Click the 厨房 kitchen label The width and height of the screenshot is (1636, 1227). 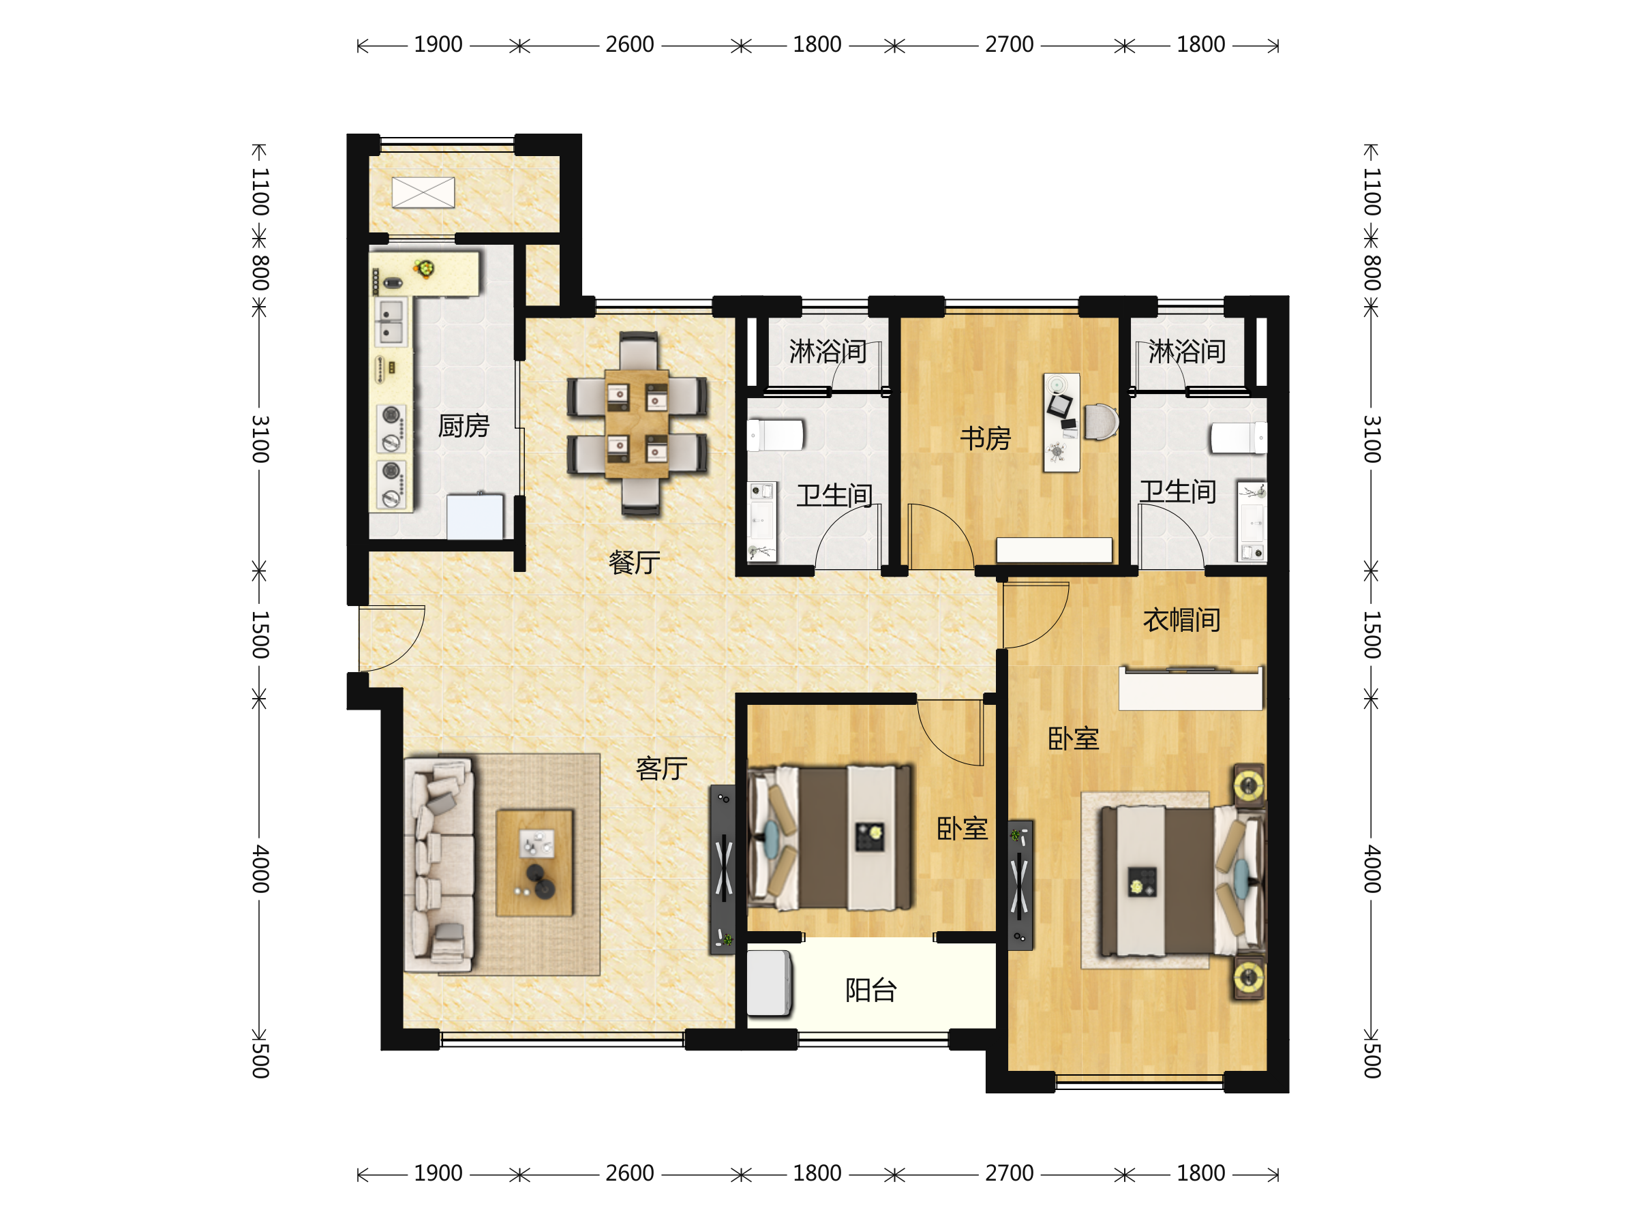pos(463,426)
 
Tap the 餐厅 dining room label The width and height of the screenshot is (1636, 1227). pos(634,562)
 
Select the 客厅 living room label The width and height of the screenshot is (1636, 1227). pos(661,768)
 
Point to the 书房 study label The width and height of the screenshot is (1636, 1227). pos(985,438)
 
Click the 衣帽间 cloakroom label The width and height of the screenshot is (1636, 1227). pos(1181,620)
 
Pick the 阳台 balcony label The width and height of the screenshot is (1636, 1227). pos(870,990)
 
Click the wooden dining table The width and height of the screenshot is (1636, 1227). pos(636,424)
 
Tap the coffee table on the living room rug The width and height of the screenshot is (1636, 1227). pos(534,863)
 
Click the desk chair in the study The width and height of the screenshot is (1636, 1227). pos(1100,421)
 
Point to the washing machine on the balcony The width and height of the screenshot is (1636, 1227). pos(768,983)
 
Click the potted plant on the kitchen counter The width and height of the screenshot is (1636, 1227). pos(425,268)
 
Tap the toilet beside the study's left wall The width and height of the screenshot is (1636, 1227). pos(775,436)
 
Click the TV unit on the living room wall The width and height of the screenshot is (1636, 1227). pos(723,870)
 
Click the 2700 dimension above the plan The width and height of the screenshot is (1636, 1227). pos(1009,44)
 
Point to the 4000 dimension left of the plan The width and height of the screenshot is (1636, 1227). pos(260,869)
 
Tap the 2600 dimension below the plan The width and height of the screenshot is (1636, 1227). pos(629,1173)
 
